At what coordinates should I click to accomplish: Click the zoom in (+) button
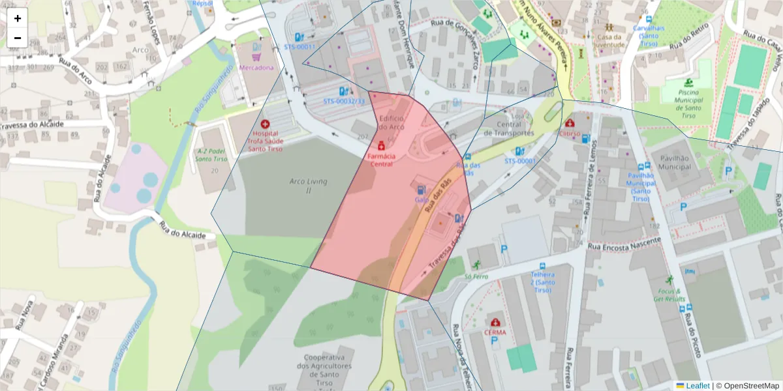[x=18, y=18]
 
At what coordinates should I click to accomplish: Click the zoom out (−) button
[x=18, y=38]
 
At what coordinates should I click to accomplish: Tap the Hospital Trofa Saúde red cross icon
[x=265, y=124]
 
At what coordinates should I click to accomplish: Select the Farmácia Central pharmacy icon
[x=381, y=145]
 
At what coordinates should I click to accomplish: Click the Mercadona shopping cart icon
[x=256, y=57]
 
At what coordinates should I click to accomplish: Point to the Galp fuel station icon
[x=421, y=190]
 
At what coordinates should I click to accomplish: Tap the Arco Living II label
[x=308, y=186]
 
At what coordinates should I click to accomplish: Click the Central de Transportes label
[x=509, y=128]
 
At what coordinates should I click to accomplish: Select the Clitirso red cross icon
[x=570, y=123]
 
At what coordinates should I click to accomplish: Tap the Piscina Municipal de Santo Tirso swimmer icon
[x=688, y=83]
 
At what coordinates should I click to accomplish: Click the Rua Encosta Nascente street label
[x=624, y=244]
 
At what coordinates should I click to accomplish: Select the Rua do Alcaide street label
[x=183, y=231]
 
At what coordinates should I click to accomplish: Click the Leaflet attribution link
[x=697, y=386]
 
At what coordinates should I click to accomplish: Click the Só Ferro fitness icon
[x=477, y=265]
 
